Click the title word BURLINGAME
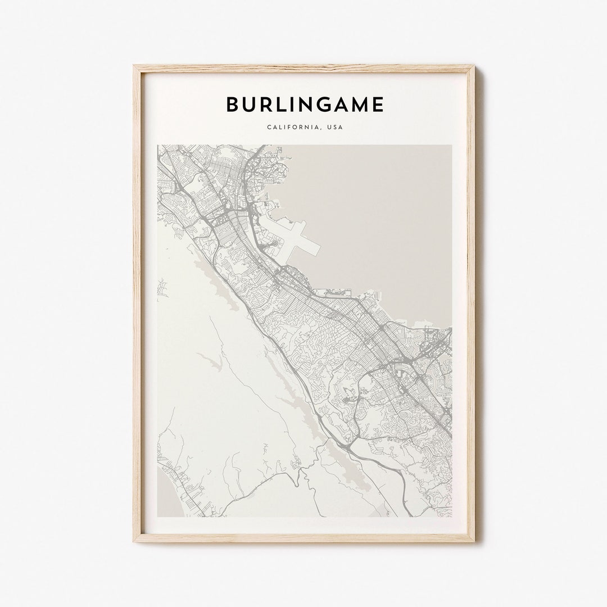(x=305, y=105)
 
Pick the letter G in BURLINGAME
(x=322, y=105)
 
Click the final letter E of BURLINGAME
(x=378, y=105)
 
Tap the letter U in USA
(x=328, y=127)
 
